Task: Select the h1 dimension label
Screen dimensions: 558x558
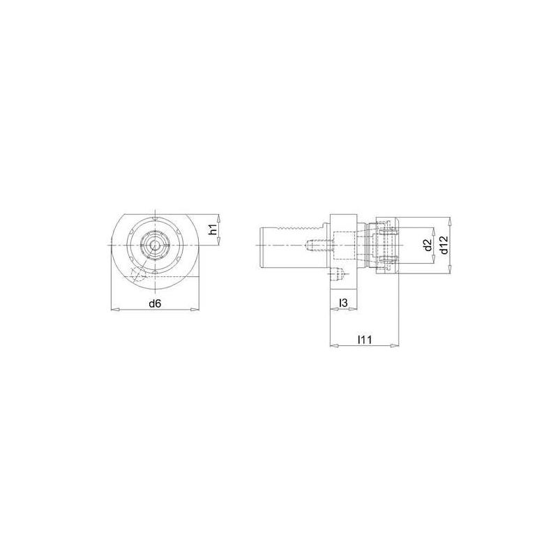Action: click(214, 229)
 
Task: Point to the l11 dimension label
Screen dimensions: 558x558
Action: click(363, 340)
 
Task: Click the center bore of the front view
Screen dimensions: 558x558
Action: click(155, 244)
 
